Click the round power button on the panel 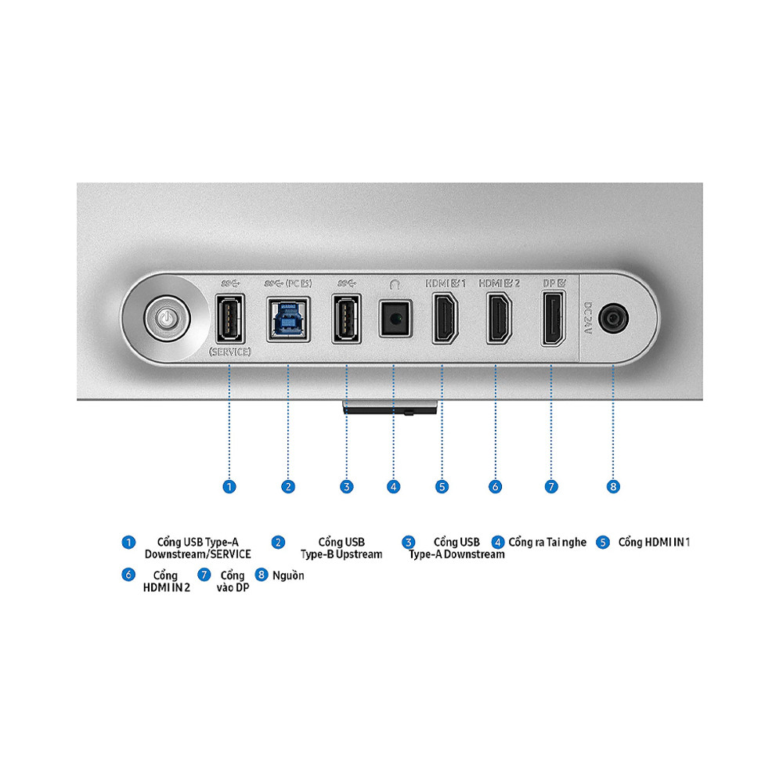point(167,318)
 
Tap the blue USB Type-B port point(288,319)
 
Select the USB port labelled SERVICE point(229,319)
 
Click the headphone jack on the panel point(395,319)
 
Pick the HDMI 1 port point(445,319)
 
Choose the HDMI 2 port point(500,319)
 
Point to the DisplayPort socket point(554,319)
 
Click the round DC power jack point(613,318)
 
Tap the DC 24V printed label point(588,318)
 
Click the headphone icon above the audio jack point(395,284)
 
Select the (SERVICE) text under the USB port point(229,352)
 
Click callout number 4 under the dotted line point(394,487)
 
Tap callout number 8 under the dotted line point(613,487)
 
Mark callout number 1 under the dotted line point(229,487)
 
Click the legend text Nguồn point(288,576)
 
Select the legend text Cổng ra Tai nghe point(547,543)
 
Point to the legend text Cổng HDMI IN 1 point(654,543)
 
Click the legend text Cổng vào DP point(233,581)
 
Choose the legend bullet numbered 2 point(278,543)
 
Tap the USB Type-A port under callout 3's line point(347,319)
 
